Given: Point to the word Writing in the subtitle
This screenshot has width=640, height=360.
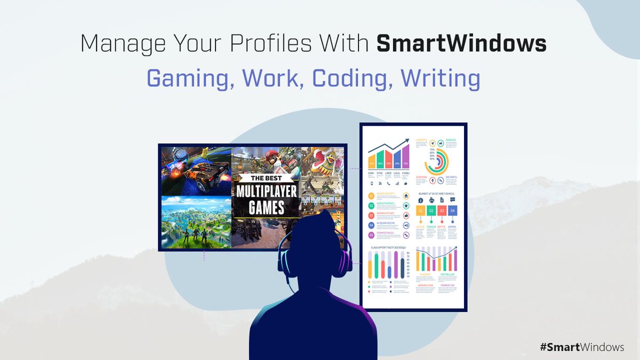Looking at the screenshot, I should [441, 78].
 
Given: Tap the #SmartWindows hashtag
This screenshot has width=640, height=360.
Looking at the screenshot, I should [581, 347].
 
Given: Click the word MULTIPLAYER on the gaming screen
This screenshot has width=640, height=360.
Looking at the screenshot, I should [267, 192].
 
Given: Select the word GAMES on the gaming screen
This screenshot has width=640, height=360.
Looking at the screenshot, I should [267, 206].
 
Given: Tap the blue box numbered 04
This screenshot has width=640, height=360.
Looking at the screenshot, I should [453, 211].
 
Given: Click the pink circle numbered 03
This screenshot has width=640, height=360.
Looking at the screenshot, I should [371, 215].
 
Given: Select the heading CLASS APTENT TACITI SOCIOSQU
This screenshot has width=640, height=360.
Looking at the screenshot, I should [388, 248].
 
